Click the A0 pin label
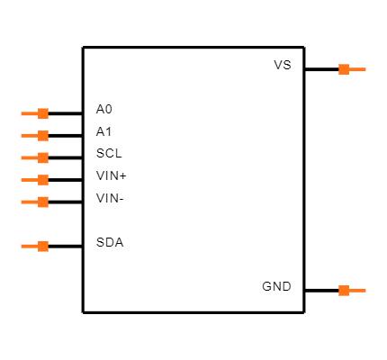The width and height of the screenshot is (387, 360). coord(103,110)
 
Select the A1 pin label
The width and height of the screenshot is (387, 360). coord(103,131)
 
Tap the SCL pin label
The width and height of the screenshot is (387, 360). coord(108,153)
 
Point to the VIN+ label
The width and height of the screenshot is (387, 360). coord(111,175)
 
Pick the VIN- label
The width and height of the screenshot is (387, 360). coord(110,198)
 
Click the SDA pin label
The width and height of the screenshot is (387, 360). coord(109,242)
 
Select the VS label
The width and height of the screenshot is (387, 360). coord(283,66)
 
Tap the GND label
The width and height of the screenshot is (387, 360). coord(276,287)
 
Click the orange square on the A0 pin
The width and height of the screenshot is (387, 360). coord(42,113)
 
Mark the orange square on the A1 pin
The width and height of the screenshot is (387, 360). coord(42,136)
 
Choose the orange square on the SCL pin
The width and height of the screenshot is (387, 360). coord(42,157)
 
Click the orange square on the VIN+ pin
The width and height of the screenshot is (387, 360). coord(42,180)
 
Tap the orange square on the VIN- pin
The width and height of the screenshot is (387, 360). coord(42,202)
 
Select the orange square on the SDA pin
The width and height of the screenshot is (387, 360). coord(42,246)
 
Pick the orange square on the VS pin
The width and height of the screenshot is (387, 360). coord(344,69)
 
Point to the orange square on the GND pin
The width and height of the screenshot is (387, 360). coord(344,291)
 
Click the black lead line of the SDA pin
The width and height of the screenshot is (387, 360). coord(65,246)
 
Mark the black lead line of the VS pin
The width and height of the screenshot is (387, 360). coord(321,69)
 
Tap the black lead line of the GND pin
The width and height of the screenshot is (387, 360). coord(321,291)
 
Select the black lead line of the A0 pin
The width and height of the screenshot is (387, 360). coord(65,113)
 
